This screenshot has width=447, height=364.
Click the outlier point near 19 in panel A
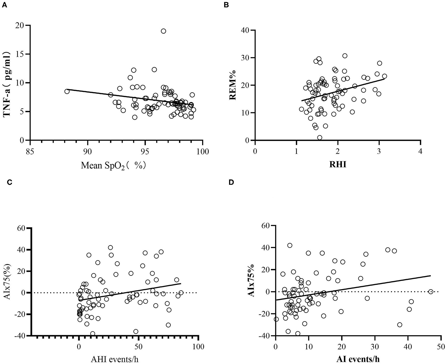(163, 31)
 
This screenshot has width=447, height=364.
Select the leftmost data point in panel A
(67, 91)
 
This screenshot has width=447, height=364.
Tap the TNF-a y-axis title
(7, 84)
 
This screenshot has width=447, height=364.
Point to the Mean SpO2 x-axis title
(114, 165)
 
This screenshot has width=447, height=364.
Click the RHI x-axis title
(338, 165)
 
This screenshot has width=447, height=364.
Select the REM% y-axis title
(233, 85)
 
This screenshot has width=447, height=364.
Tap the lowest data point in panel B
(320, 137)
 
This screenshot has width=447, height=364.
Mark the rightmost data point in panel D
(431, 292)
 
